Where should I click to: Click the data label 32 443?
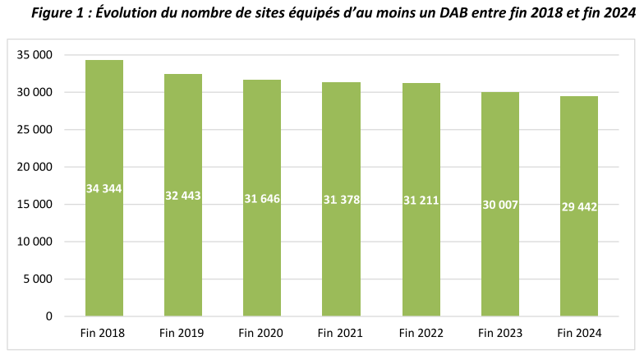coord(183,196)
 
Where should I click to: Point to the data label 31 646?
coord(262,198)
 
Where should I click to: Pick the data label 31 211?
coord(421,200)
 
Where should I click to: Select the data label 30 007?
coord(500,204)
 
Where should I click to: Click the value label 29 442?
coord(579,206)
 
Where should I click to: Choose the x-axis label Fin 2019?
coord(183,333)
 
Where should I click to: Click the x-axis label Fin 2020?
coord(262,333)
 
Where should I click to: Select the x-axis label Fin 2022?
coord(421,333)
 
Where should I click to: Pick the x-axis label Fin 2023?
coord(500,333)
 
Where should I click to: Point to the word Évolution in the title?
coord(139,12)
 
